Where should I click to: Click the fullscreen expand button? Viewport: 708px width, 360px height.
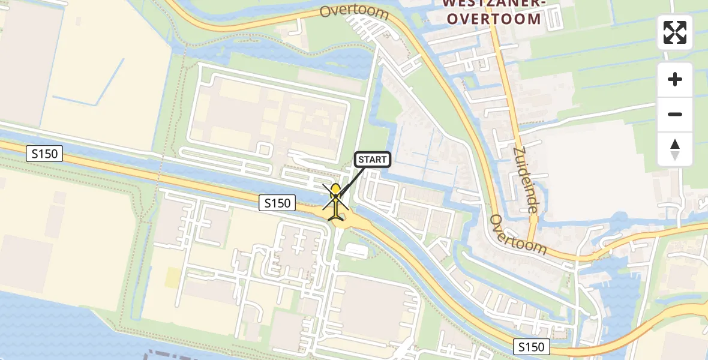(675, 32)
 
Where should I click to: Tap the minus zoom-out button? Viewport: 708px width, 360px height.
(675, 114)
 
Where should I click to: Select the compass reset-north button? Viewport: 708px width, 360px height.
(675, 149)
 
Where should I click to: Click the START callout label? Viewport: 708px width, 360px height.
(373, 160)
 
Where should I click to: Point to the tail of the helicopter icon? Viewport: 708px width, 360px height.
(335, 216)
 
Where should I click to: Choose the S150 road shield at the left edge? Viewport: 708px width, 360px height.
(45, 154)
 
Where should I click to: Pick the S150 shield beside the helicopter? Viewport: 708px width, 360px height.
(278, 203)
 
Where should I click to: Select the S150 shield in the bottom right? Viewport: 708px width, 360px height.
(531, 346)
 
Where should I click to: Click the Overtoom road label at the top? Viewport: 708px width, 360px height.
(354, 11)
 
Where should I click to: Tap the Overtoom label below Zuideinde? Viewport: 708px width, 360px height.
(518, 234)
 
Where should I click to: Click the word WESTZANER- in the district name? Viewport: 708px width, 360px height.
(493, 4)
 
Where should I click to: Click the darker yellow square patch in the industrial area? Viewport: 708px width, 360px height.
(172, 277)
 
